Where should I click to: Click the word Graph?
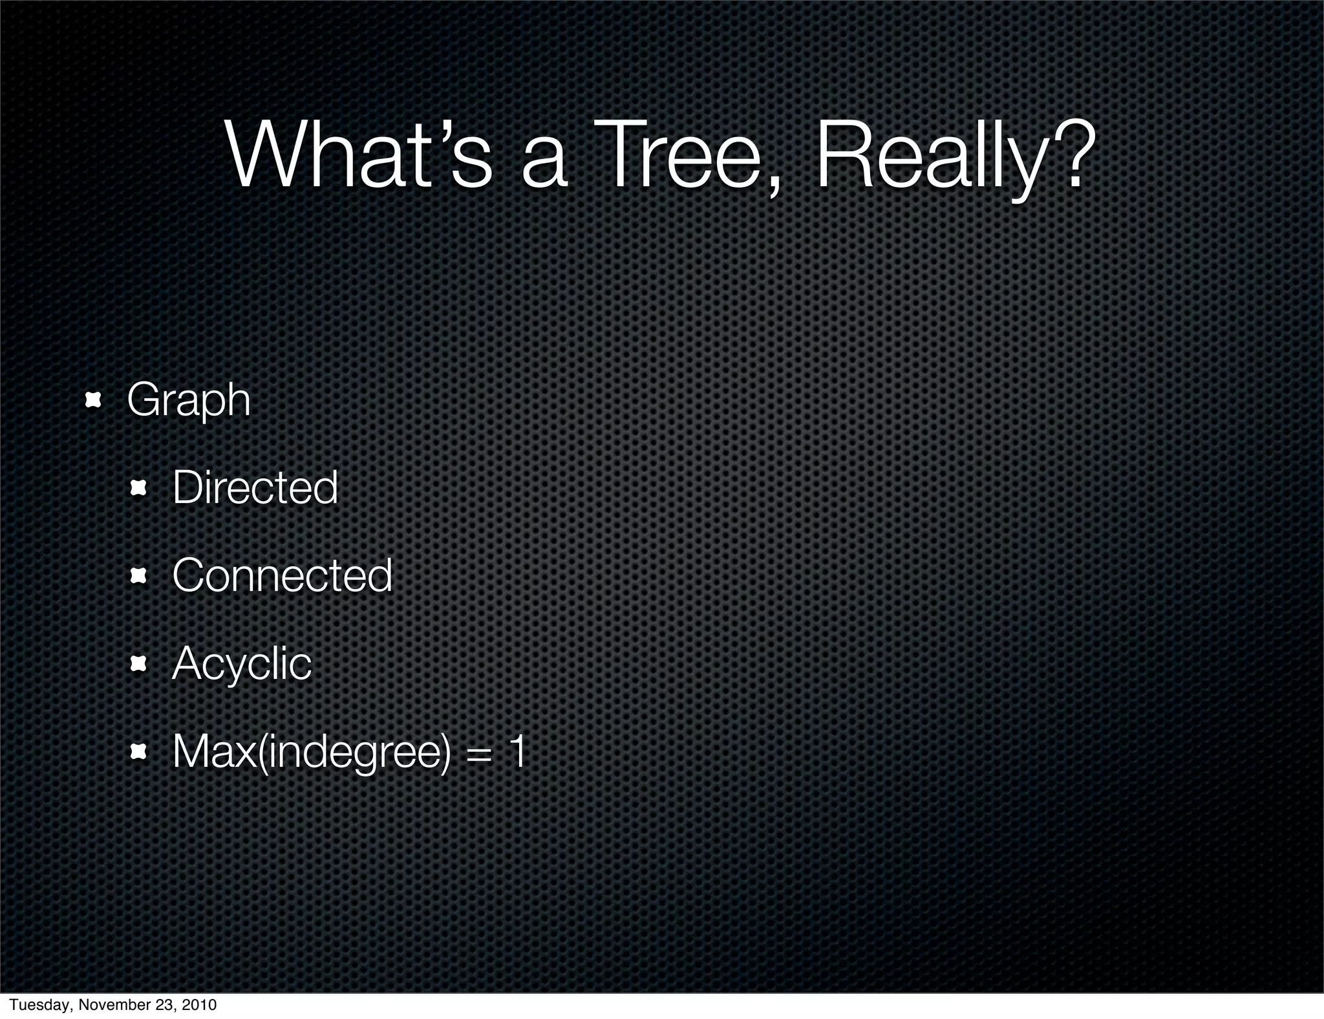pyautogui.click(x=188, y=402)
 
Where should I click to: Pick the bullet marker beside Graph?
pyautogui.click(x=93, y=400)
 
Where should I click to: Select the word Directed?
pyautogui.click(x=255, y=488)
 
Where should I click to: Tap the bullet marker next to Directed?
pyautogui.click(x=138, y=488)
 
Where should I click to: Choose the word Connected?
pyautogui.click(x=283, y=575)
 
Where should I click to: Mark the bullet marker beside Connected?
pyautogui.click(x=138, y=576)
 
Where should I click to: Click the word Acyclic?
pyautogui.click(x=242, y=664)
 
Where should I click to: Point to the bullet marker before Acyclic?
pyautogui.click(x=138, y=663)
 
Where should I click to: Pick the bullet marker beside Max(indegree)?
pyautogui.click(x=138, y=751)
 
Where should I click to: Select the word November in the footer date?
pyautogui.click(x=111, y=1005)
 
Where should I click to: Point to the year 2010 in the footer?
pyautogui.click(x=198, y=1005)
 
